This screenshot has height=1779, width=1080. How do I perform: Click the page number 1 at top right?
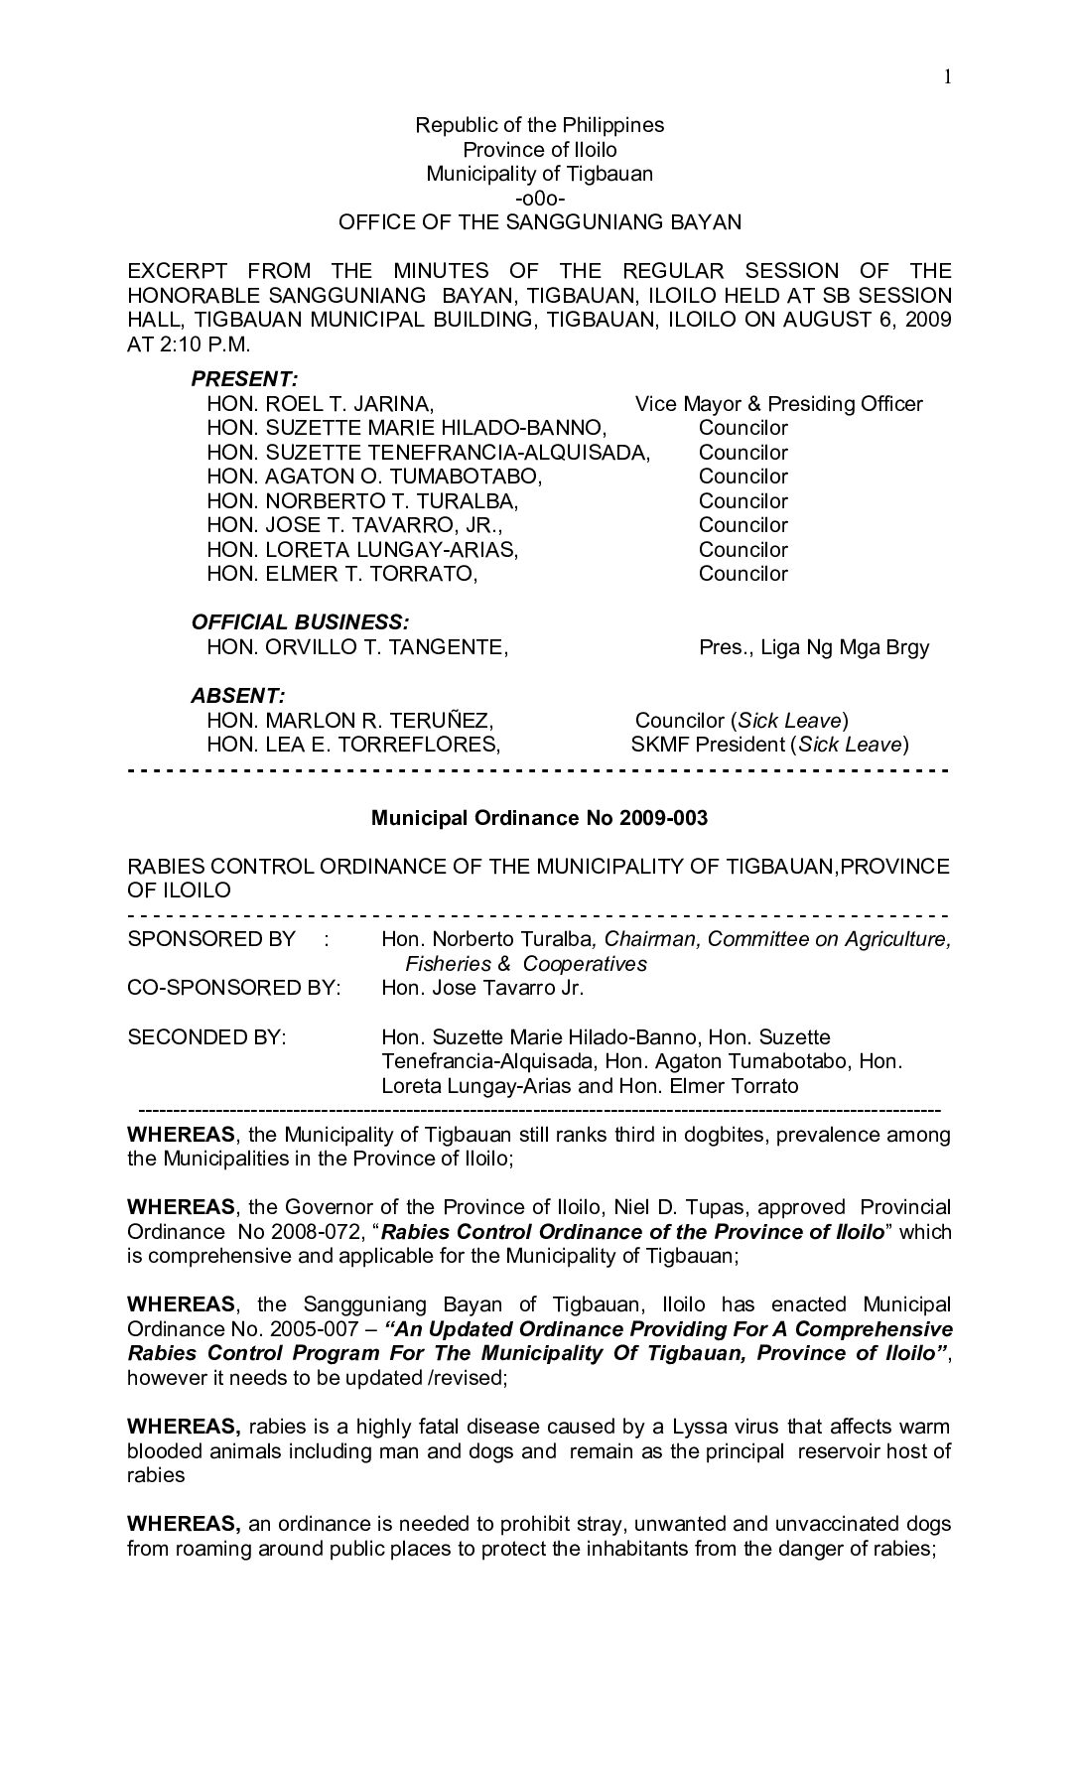[948, 77]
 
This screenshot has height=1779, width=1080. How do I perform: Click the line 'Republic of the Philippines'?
[539, 125]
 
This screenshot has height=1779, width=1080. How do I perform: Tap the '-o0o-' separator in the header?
[539, 199]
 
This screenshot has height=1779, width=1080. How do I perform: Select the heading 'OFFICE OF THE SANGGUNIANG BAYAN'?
[539, 222]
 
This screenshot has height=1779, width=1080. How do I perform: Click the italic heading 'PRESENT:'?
[244, 379]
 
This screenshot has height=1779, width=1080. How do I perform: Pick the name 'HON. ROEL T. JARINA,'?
[320, 404]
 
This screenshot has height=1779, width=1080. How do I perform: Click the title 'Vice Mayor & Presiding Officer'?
[778, 404]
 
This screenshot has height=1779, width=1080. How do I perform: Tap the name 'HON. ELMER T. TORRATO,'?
[341, 574]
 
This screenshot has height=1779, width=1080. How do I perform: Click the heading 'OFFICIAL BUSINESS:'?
[299, 622]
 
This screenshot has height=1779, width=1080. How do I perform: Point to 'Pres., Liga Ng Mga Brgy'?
[814, 647]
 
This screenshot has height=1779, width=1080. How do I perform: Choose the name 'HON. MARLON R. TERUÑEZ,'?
[349, 721]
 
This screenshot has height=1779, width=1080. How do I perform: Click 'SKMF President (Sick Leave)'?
[769, 745]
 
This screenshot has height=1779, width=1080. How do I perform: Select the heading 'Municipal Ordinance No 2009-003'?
[539, 818]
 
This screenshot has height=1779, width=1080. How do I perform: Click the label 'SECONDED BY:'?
[206, 1037]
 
